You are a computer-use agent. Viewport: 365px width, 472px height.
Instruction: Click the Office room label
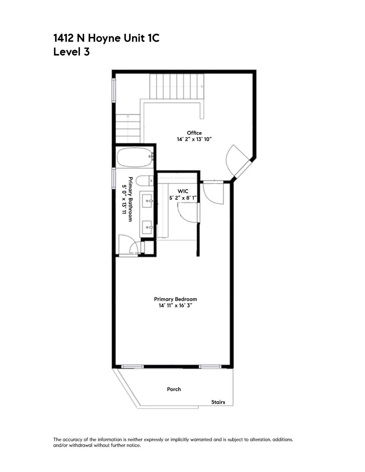point(194,133)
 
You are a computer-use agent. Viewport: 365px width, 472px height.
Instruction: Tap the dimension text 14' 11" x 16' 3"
point(175,306)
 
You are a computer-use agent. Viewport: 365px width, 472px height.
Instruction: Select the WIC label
point(183,191)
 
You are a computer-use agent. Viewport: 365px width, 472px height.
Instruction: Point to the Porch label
point(174,389)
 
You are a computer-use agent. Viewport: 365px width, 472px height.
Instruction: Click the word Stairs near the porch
point(218,402)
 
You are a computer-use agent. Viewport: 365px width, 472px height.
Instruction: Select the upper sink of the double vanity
point(147,201)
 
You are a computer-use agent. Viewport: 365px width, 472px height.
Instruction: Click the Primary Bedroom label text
point(175,299)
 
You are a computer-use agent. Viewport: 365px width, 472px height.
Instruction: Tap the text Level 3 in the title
point(71,52)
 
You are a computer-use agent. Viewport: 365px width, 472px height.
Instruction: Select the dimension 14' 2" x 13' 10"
point(194,139)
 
